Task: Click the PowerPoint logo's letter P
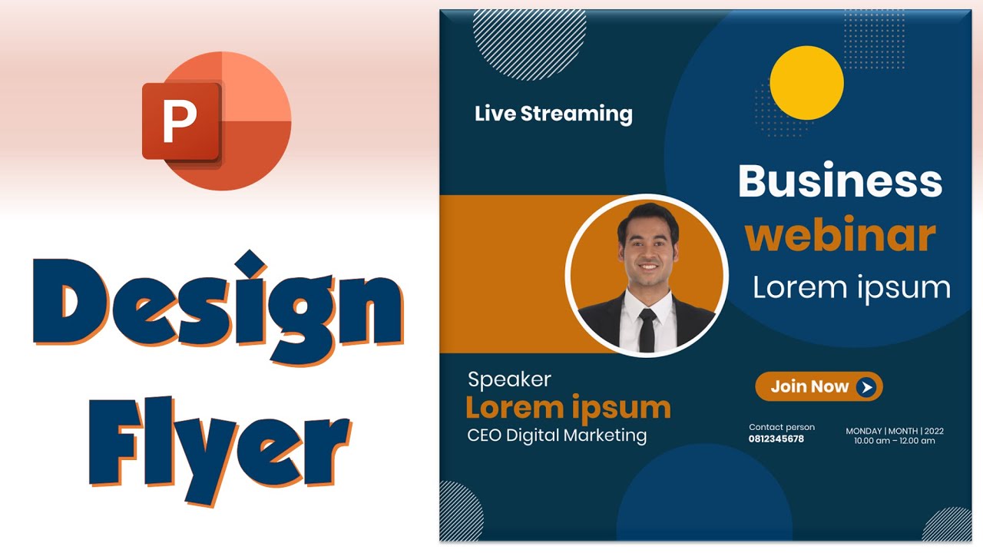[x=180, y=121]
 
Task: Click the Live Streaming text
[x=553, y=114]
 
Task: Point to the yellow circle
[x=806, y=83]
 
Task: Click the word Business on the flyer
[x=839, y=182]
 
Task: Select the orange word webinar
[x=840, y=236]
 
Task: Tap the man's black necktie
[x=647, y=329]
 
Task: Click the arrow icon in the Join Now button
[x=867, y=387]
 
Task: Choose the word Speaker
[x=509, y=379]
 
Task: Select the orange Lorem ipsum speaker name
[x=568, y=407]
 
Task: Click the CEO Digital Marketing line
[x=557, y=435]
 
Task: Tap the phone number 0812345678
[x=776, y=439]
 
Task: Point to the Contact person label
[x=782, y=427]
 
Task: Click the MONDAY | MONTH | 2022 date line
[x=895, y=431]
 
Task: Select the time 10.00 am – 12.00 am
[x=895, y=441]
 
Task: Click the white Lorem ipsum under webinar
[x=851, y=287]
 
